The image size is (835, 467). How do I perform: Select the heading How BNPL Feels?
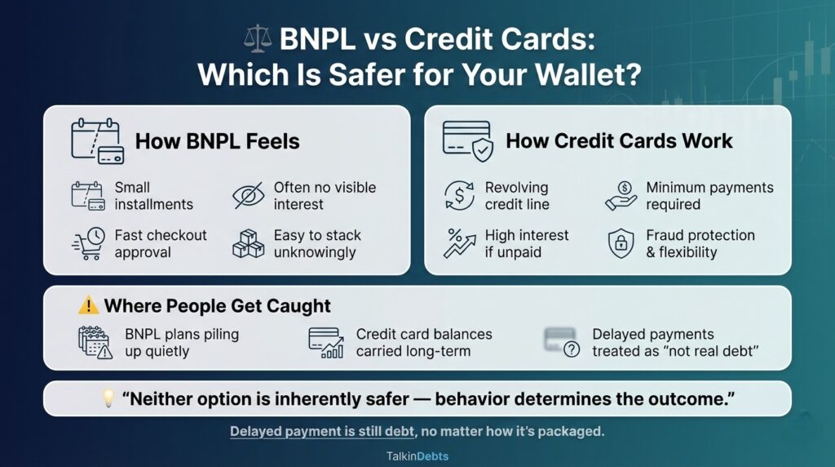click(217, 141)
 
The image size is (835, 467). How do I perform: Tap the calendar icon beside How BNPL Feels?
click(96, 141)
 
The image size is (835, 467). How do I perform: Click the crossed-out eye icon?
click(249, 196)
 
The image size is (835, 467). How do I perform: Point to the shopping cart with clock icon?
click(88, 243)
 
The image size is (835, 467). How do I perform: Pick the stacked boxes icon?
click(249, 243)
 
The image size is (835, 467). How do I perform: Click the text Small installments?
click(153, 196)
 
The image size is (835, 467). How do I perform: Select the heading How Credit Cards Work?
click(619, 140)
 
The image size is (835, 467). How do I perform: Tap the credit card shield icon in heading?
click(466, 139)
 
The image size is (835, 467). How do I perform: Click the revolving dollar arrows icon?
click(459, 196)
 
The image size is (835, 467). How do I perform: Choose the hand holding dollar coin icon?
click(621, 196)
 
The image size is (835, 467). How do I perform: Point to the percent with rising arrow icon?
click(459, 243)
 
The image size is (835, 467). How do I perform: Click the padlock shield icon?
click(621, 243)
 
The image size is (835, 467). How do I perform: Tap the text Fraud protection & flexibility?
click(700, 243)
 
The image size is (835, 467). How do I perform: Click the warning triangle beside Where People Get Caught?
click(88, 306)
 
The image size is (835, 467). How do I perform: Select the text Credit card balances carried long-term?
click(423, 343)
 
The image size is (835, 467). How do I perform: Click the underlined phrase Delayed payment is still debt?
click(320, 431)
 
